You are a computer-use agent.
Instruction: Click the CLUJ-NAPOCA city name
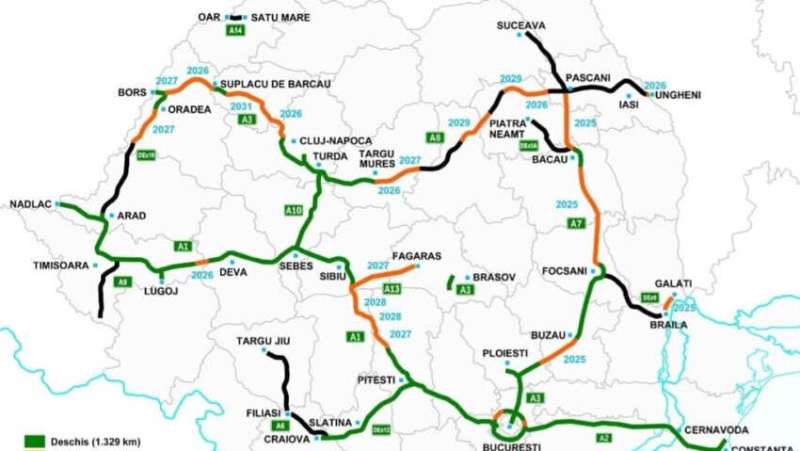(x=336, y=140)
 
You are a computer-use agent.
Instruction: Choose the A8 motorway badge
(x=434, y=138)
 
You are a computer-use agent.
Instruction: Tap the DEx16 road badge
(x=146, y=154)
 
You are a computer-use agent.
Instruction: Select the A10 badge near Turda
(x=293, y=210)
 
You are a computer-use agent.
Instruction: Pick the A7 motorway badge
(x=577, y=223)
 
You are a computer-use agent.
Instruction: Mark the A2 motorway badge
(x=602, y=438)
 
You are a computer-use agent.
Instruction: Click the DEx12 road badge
(x=380, y=429)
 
